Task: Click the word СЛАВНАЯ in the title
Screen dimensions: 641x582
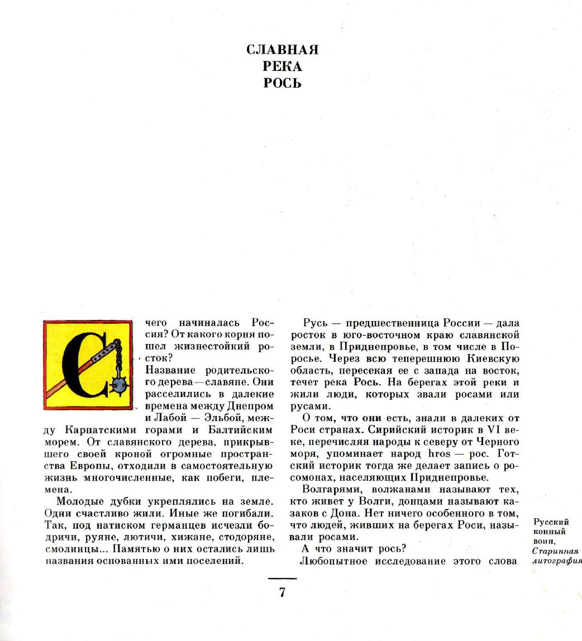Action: pos(282,50)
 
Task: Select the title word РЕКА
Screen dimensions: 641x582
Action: pos(282,66)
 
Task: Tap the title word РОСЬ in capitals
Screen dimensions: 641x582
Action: pos(282,83)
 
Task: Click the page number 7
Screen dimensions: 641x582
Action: pos(282,592)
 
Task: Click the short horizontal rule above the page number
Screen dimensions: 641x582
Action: pos(282,578)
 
